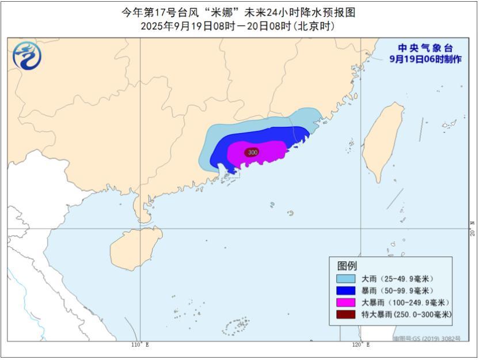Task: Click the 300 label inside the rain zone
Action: point(252,152)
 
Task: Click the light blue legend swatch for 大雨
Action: point(346,278)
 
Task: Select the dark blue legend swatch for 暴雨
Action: point(346,290)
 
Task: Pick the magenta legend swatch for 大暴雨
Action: point(346,302)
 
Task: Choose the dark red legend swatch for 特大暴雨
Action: point(346,314)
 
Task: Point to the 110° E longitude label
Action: point(139,344)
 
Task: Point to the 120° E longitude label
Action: point(360,344)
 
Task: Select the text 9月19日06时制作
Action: point(425,59)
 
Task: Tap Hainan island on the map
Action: point(135,248)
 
